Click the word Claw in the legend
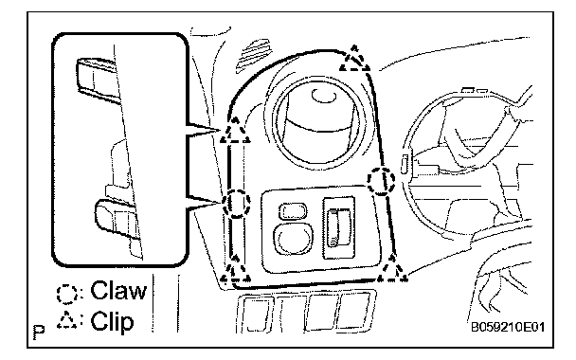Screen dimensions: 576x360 point(118,291)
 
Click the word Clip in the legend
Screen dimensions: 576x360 point(112,321)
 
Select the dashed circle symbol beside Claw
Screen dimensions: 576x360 point(67,294)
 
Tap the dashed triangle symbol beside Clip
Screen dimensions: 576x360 point(67,319)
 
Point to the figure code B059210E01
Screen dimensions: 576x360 point(508,327)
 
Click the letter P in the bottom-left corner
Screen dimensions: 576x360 point(39,332)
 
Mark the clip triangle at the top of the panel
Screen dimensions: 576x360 point(354,59)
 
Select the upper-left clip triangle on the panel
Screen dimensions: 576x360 point(235,131)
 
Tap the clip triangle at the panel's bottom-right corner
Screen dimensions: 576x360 point(392,269)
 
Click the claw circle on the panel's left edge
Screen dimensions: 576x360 point(236,204)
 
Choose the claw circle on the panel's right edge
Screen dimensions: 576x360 point(381,180)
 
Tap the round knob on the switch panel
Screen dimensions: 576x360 point(293,239)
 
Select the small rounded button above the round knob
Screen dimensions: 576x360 point(293,211)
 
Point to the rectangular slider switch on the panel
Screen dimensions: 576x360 point(338,227)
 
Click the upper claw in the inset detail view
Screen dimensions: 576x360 point(99,80)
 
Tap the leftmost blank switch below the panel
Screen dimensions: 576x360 point(257,314)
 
